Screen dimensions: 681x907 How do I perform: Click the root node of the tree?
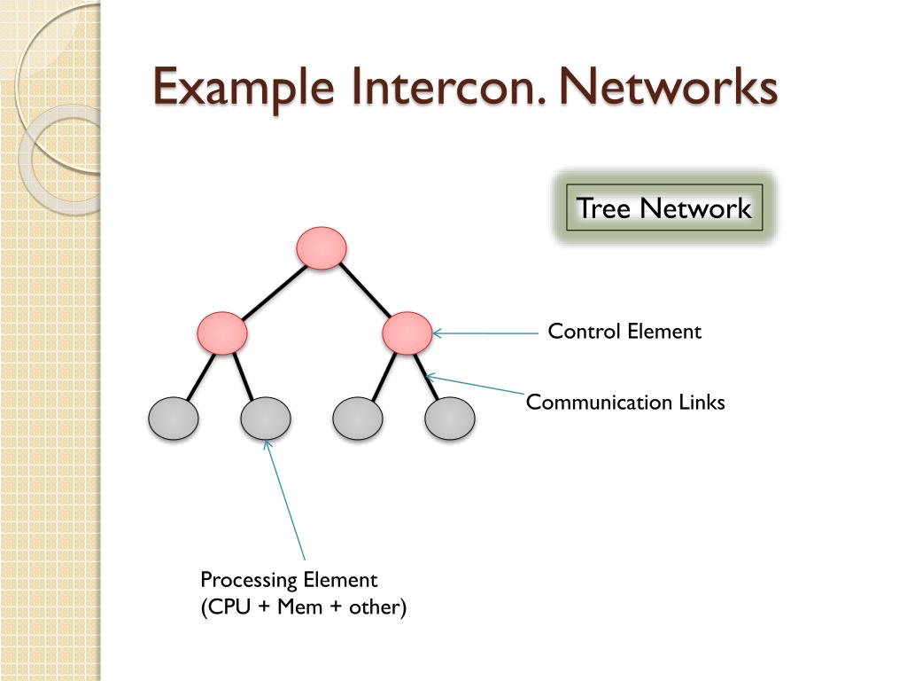point(321,248)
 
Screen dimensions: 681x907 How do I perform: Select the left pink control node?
point(221,333)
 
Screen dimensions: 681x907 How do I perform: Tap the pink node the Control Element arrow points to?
point(407,333)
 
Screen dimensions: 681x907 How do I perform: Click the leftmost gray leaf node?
point(173,419)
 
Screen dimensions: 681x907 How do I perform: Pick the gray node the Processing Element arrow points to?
point(266,419)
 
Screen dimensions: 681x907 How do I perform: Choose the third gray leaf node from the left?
point(358,419)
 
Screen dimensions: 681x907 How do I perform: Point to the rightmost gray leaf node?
point(450,419)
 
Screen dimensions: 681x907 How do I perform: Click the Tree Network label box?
point(664,208)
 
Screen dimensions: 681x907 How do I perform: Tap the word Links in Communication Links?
point(702,403)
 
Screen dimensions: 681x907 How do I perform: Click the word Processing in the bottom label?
point(249,581)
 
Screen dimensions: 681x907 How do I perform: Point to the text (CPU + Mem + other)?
point(303,607)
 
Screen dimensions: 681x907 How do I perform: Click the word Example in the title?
point(244,88)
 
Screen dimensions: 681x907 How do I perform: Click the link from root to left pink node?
point(271,291)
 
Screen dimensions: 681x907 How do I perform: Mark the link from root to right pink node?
point(365,291)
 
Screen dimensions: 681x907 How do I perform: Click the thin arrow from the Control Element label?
point(487,333)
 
